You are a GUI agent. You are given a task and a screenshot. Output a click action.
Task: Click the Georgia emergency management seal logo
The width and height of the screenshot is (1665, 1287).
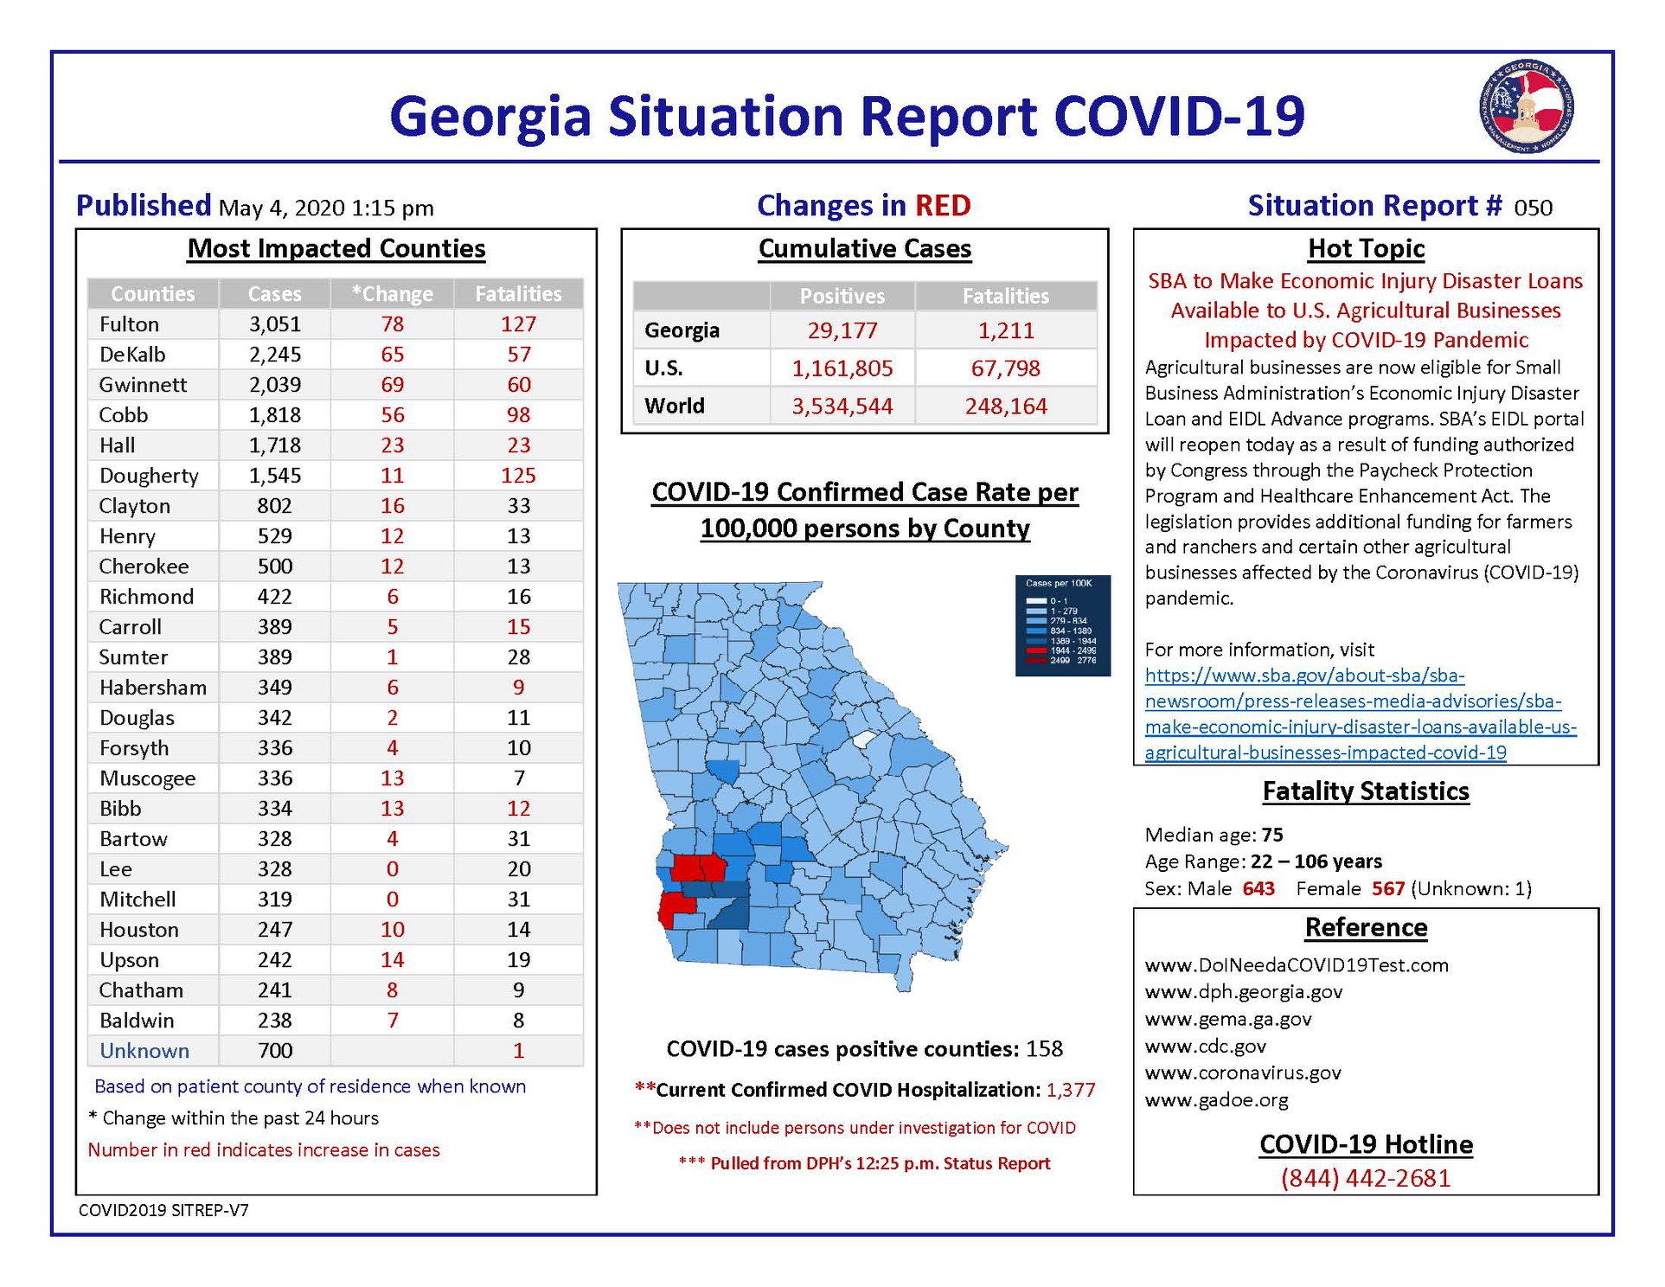click(x=1526, y=106)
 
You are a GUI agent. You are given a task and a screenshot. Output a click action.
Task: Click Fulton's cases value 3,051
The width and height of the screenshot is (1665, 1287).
click(x=274, y=324)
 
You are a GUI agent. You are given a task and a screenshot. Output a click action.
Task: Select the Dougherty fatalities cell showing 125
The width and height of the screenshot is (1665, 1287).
click(x=518, y=476)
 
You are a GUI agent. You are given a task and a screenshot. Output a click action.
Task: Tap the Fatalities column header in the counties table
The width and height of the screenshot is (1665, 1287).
click(x=518, y=294)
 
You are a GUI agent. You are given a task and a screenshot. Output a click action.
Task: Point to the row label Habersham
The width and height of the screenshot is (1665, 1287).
click(x=153, y=688)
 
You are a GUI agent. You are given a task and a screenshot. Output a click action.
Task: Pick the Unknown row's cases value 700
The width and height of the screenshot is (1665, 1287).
click(x=274, y=1051)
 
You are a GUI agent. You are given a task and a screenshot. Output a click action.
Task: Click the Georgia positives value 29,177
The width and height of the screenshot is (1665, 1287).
click(x=842, y=330)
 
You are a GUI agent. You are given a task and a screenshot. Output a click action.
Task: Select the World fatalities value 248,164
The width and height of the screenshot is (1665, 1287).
click(x=1006, y=407)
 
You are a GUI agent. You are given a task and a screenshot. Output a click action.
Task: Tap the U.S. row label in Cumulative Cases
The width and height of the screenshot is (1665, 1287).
click(x=663, y=368)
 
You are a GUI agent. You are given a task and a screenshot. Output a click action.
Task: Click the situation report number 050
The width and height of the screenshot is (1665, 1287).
click(x=1533, y=208)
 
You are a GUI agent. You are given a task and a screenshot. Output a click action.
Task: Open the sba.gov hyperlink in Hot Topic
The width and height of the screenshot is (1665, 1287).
click(x=1360, y=714)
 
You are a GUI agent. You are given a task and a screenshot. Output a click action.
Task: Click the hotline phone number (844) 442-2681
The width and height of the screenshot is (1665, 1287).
click(x=1366, y=1178)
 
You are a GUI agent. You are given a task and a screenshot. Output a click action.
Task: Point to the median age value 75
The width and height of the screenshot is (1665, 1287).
click(x=1272, y=835)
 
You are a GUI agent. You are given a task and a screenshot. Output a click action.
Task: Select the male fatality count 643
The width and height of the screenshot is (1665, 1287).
click(x=1258, y=888)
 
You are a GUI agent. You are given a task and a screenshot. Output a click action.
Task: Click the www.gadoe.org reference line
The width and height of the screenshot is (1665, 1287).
click(x=1216, y=1100)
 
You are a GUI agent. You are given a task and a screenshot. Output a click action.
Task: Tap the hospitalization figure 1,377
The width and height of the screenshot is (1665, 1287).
click(x=1071, y=1090)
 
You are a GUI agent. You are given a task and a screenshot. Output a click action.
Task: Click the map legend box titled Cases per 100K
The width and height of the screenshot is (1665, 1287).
click(x=1062, y=625)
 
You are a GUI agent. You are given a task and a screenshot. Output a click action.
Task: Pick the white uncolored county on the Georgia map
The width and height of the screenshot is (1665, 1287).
click(x=865, y=740)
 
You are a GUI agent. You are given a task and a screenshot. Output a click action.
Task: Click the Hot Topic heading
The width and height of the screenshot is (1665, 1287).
click(x=1366, y=249)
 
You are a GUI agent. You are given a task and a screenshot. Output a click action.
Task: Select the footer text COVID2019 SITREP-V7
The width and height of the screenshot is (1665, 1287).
click(x=163, y=1210)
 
